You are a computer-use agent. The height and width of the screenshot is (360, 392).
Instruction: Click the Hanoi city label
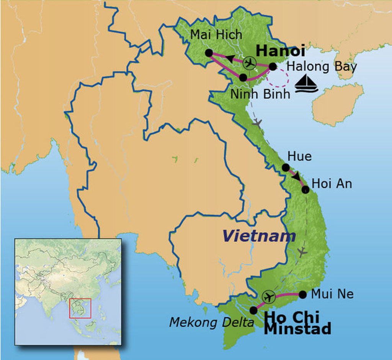pyautogui.click(x=280, y=51)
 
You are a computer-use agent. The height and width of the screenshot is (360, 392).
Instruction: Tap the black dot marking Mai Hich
pyautogui.click(x=209, y=53)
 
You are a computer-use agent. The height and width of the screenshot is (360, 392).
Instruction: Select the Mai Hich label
pyautogui.click(x=216, y=35)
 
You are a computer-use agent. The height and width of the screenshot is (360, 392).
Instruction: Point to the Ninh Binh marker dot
pyautogui.click(x=243, y=77)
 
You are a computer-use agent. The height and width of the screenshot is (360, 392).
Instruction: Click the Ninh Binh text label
pyautogui.click(x=260, y=94)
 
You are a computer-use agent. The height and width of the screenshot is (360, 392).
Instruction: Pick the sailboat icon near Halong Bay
pyautogui.click(x=307, y=83)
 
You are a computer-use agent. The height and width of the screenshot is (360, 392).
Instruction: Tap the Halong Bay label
pyautogui.click(x=322, y=67)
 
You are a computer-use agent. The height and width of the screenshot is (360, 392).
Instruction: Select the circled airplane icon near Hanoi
pyautogui.click(x=250, y=62)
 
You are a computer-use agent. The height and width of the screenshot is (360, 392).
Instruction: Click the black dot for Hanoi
pyautogui.click(x=272, y=67)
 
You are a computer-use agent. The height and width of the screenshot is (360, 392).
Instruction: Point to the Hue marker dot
pyautogui.click(x=285, y=167)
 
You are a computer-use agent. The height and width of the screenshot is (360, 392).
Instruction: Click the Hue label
pyautogui.click(x=299, y=156)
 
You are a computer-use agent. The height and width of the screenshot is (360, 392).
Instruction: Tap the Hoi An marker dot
pyautogui.click(x=305, y=189)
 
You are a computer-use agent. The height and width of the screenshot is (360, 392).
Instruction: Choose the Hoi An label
pyautogui.click(x=332, y=184)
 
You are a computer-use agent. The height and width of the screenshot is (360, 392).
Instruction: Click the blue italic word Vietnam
pyautogui.click(x=259, y=236)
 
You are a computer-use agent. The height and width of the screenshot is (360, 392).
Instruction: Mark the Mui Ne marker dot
pyautogui.click(x=302, y=294)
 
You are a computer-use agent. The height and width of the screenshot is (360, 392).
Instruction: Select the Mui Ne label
pyautogui.click(x=332, y=294)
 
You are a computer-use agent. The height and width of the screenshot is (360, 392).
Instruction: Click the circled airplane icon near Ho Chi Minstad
pyautogui.click(x=269, y=296)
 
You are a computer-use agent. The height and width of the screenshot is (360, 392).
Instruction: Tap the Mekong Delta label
pyautogui.click(x=211, y=322)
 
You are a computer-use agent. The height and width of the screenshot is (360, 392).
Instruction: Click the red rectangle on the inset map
pyautogui.click(x=80, y=308)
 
